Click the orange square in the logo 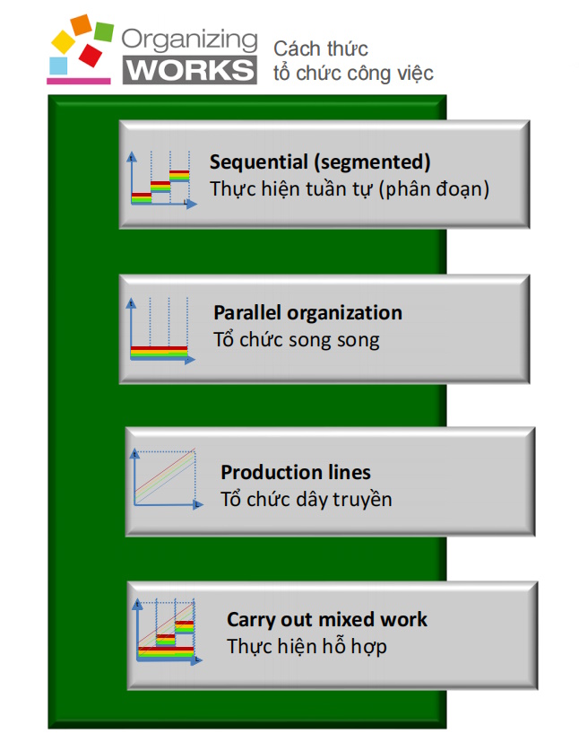pyautogui.click(x=82, y=25)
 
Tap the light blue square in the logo pyautogui.click(x=58, y=65)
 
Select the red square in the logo pyautogui.click(x=91, y=55)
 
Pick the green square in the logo pyautogui.click(x=104, y=31)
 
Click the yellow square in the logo pyautogui.click(x=63, y=41)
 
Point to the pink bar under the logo pyautogui.click(x=79, y=81)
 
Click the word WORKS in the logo pyautogui.click(x=190, y=70)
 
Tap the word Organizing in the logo pyautogui.click(x=189, y=40)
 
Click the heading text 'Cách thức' pyautogui.click(x=321, y=48)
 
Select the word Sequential pyautogui.click(x=258, y=162)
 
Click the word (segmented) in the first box pyautogui.click(x=372, y=162)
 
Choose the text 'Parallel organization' pyautogui.click(x=307, y=313)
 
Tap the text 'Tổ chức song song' pyautogui.click(x=297, y=340)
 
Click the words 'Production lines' pyautogui.click(x=296, y=472)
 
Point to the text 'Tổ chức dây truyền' pyautogui.click(x=307, y=500)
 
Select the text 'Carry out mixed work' pyautogui.click(x=327, y=619)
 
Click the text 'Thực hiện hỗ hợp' pyautogui.click(x=307, y=647)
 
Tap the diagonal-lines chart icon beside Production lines pyautogui.click(x=167, y=478)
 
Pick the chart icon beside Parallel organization pyautogui.click(x=160, y=330)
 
